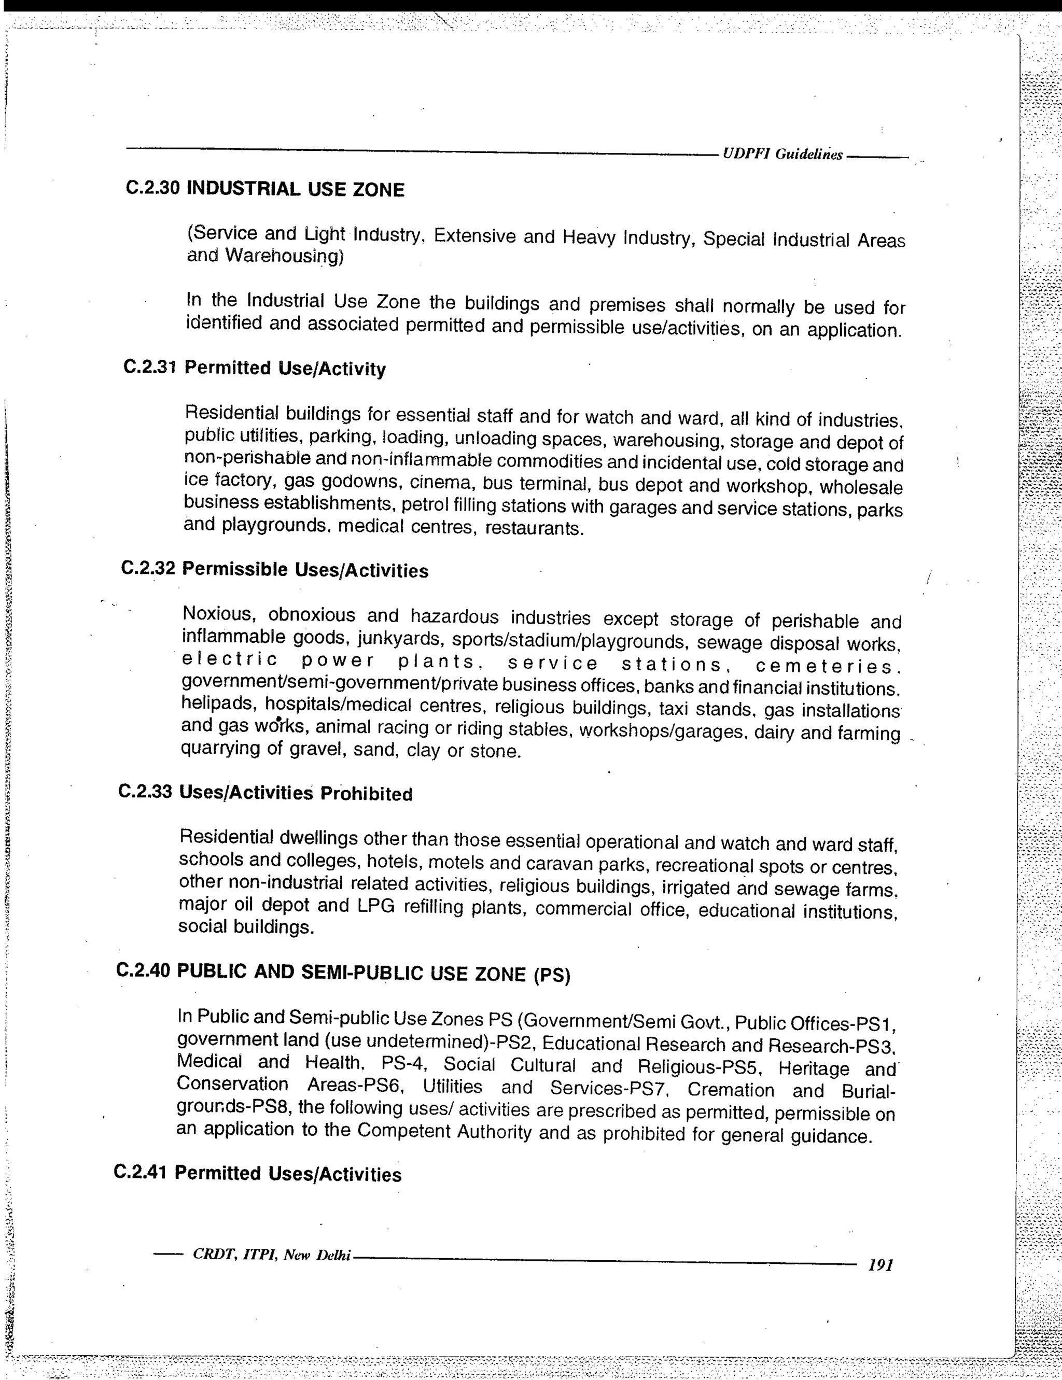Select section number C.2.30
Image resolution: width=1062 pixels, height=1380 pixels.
point(153,188)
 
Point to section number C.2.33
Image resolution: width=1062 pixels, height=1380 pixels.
point(145,791)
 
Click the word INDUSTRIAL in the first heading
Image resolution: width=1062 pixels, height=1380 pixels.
point(243,189)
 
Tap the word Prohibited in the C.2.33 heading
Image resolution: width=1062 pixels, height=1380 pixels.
point(366,794)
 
